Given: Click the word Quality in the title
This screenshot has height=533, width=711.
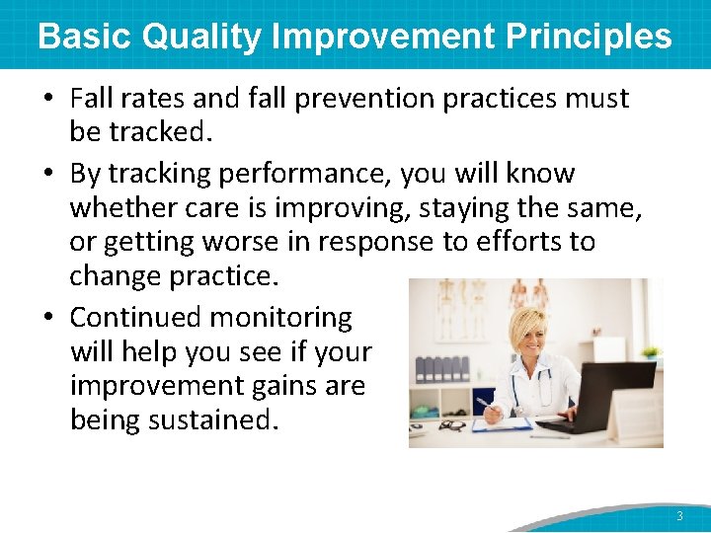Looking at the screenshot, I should (202, 37).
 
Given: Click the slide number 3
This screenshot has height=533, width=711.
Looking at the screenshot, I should (679, 516).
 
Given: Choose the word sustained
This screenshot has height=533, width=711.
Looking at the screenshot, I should (210, 419).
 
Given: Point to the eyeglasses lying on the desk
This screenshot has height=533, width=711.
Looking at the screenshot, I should (452, 425).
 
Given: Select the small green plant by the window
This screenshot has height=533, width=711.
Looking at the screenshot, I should (649, 351).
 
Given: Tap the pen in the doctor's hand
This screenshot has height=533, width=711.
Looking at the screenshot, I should (485, 404).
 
